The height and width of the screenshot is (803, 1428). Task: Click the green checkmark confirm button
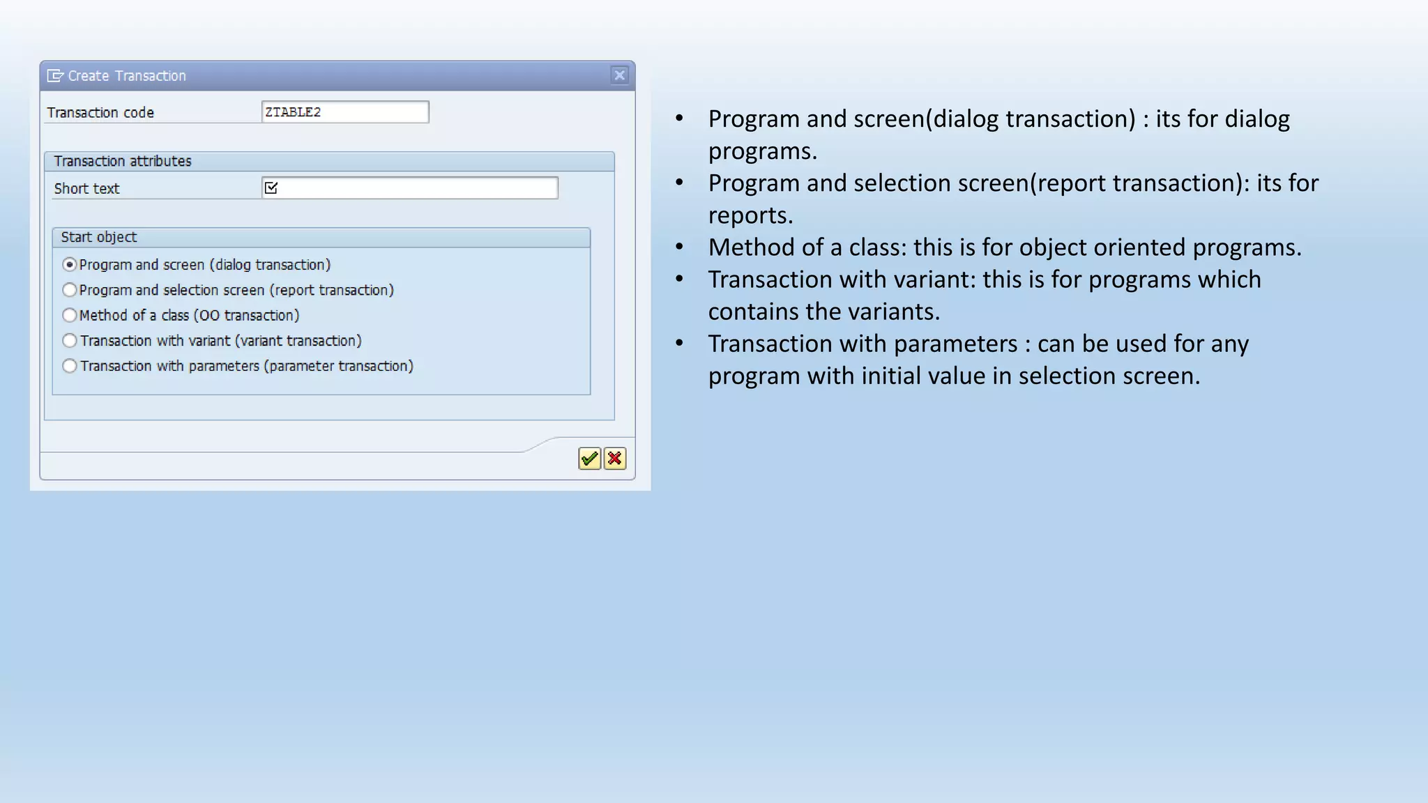589,459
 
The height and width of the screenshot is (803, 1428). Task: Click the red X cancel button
615,459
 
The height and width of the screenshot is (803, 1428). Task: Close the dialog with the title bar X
619,75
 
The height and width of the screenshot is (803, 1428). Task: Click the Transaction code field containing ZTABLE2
345,112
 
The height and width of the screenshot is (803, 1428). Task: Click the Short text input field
418,188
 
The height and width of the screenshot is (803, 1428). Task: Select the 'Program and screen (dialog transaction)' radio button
70,265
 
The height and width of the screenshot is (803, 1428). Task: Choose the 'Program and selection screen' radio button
70,290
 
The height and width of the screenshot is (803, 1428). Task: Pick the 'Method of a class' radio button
70,315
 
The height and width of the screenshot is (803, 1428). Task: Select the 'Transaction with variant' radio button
70,341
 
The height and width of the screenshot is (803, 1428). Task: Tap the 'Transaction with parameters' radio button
70,366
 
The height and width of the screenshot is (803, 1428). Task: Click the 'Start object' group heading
99,237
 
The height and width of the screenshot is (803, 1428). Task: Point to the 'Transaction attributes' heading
123,161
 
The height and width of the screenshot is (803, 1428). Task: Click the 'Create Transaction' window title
127,76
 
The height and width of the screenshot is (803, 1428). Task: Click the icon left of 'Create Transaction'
55,76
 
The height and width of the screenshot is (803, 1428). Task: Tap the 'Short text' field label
87,189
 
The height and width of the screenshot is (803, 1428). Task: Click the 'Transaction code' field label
100,113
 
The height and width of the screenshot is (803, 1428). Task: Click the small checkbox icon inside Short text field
271,188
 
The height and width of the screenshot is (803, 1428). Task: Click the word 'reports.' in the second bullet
750,215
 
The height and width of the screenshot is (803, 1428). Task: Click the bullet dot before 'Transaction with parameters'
680,343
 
